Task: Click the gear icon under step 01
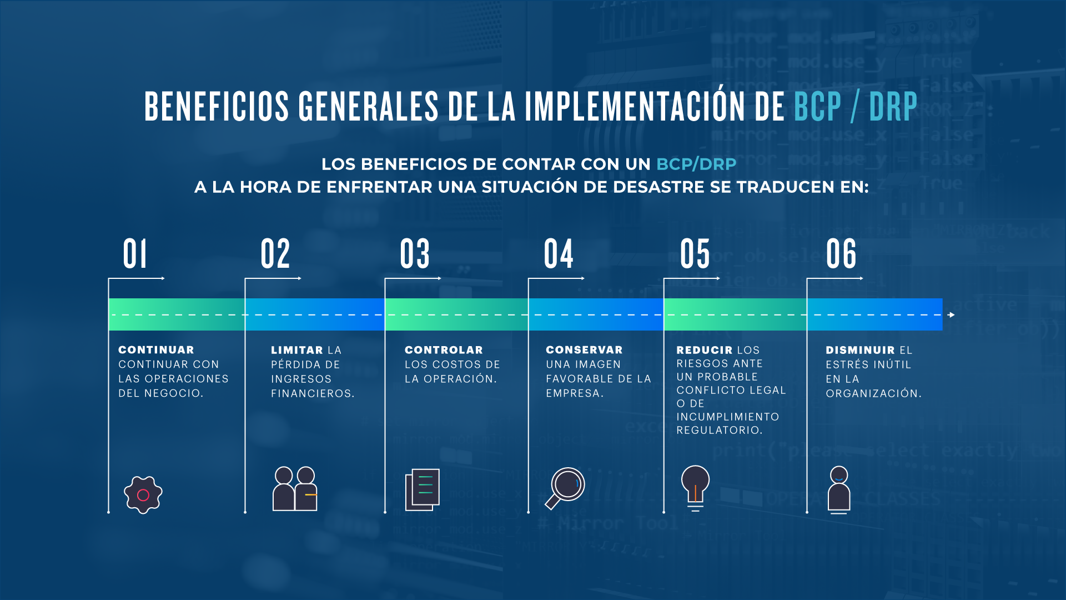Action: [143, 494]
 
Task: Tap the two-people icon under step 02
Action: [295, 488]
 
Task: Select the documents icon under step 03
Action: [423, 489]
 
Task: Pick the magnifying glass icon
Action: [565, 488]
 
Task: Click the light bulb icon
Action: [695, 488]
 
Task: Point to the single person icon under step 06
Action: [839, 489]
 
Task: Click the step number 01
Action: [135, 254]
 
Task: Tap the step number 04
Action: [559, 254]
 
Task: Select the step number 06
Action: [841, 254]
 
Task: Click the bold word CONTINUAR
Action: [156, 350]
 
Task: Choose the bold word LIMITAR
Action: [297, 350]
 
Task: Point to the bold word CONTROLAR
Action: [444, 350]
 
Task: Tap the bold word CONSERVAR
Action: [584, 350]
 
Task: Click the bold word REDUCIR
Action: [705, 350]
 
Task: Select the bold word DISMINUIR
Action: [860, 350]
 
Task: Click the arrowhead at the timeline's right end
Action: [952, 315]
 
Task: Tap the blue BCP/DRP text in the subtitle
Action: [696, 164]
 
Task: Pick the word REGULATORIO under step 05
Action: [719, 430]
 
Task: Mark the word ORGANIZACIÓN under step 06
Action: [873, 393]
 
